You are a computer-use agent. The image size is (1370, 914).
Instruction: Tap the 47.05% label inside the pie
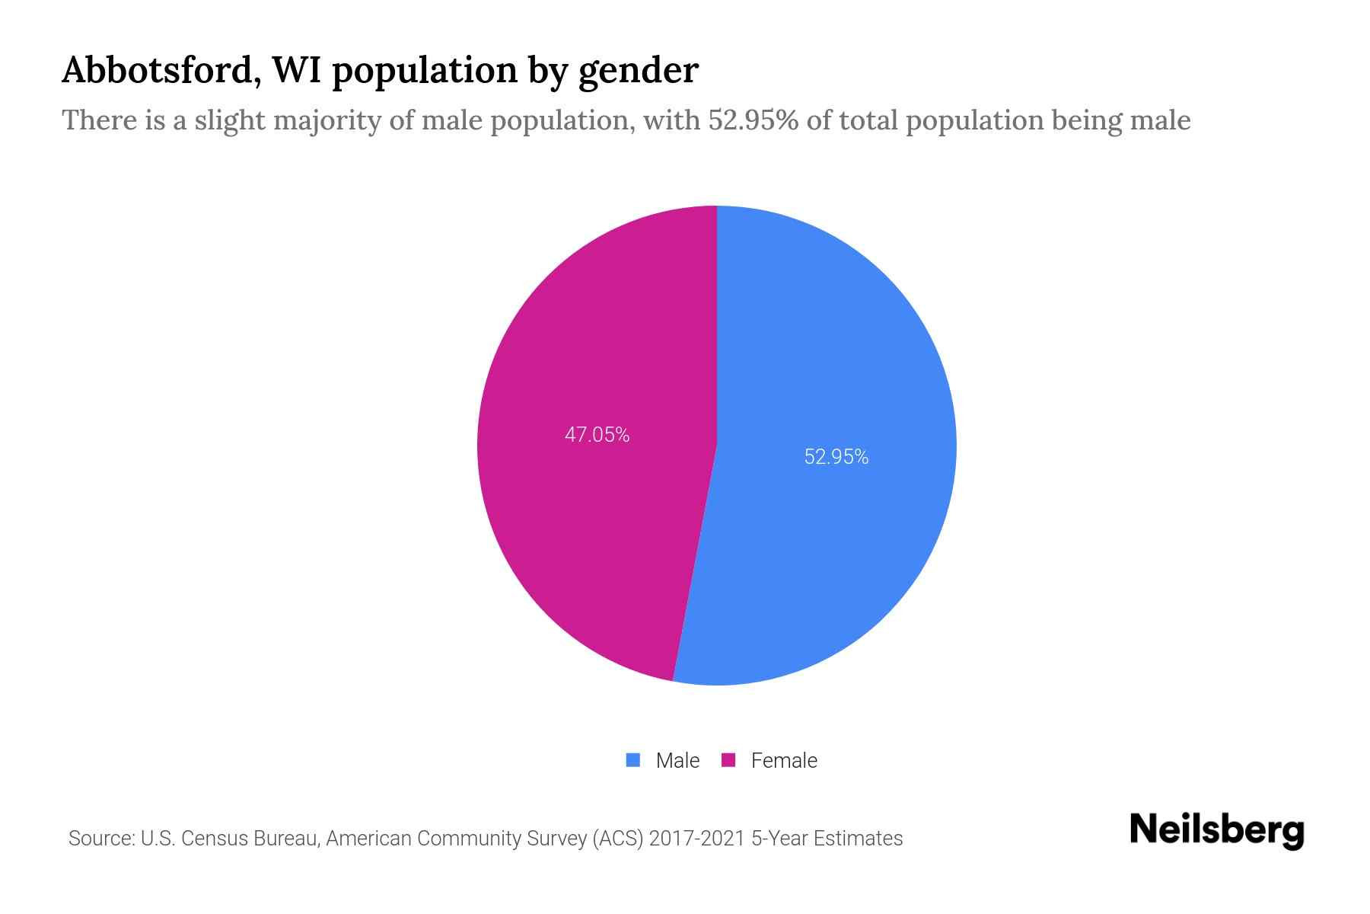click(x=597, y=435)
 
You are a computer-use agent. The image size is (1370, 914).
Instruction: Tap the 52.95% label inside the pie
click(x=836, y=457)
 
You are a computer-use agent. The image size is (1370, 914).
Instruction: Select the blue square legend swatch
click(x=633, y=759)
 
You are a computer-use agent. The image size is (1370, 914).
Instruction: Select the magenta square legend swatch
click(x=728, y=759)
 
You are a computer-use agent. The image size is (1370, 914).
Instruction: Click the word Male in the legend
click(x=677, y=760)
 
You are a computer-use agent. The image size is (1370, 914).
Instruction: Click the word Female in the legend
click(x=784, y=760)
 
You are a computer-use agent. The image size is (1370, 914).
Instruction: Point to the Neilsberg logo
click(x=1216, y=830)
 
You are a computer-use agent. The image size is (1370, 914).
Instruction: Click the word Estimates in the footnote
click(x=858, y=839)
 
